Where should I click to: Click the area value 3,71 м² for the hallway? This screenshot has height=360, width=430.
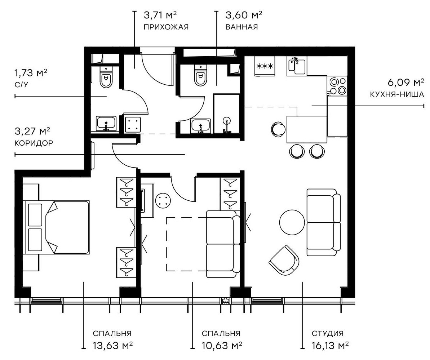pos(160,15)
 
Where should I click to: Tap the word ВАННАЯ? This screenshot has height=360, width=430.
pos(241,27)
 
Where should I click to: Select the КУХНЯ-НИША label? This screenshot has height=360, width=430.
pos(396,95)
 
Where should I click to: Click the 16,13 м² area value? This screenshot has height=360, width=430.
pos(330,346)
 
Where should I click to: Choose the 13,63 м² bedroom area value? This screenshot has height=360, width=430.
pos(112,346)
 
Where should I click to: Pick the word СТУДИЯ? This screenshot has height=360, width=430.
pos(328,333)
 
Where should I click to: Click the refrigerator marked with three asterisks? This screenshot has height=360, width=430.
pos(265,66)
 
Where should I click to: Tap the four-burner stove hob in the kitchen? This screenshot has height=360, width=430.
pos(337,86)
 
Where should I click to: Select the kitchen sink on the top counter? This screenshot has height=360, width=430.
pos(297,66)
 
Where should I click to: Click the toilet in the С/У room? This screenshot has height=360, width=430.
pos(106,79)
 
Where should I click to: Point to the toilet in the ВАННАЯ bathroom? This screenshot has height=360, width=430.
pos(200,77)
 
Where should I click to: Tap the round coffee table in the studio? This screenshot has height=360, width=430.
pos(292,222)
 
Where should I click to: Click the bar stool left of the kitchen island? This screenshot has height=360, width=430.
pos(278,129)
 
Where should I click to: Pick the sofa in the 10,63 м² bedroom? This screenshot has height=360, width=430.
pos(222,244)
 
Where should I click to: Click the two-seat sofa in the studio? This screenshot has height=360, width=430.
pos(323,222)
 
